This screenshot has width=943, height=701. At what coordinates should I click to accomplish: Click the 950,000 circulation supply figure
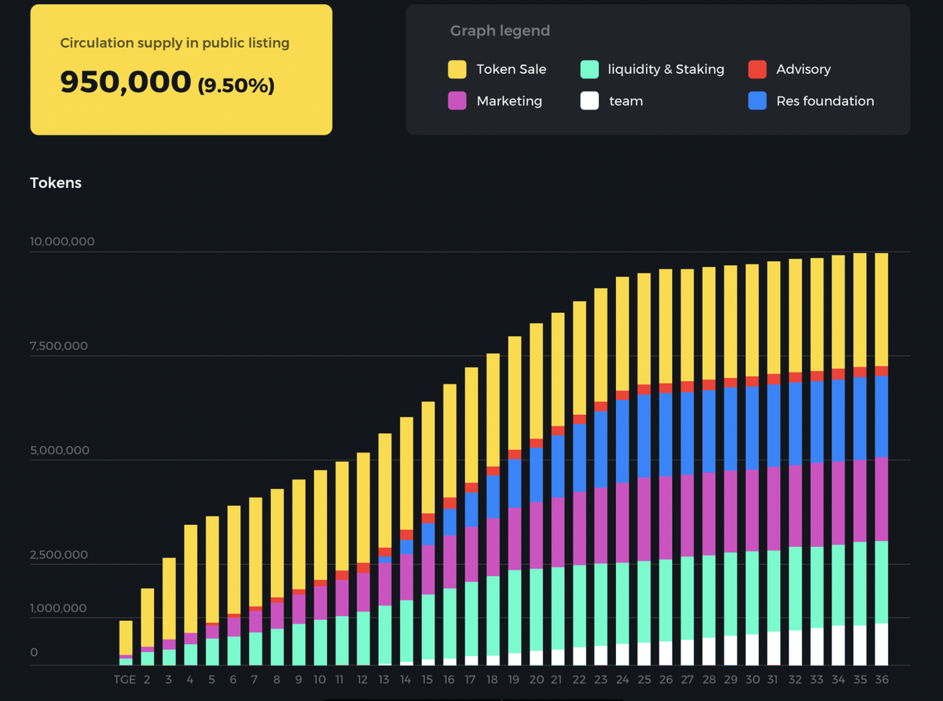tap(125, 82)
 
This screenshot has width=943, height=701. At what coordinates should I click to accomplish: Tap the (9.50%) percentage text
tap(236, 84)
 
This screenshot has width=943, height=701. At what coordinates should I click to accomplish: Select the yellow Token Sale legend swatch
tap(457, 69)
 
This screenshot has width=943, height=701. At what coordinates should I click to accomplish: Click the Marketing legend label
tap(509, 101)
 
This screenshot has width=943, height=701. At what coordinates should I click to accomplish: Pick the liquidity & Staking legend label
tap(666, 69)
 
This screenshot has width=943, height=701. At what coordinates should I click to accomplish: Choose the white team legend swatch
tap(589, 101)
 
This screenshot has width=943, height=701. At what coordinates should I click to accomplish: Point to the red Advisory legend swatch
tap(758, 69)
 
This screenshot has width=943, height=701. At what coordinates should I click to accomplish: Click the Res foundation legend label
tap(825, 101)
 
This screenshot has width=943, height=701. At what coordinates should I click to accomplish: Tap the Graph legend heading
tap(500, 31)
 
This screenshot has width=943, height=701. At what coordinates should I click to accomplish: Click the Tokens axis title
tap(56, 182)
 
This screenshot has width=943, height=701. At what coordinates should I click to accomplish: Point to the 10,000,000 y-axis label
tap(62, 241)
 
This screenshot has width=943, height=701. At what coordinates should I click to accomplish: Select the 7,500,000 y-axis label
tap(59, 346)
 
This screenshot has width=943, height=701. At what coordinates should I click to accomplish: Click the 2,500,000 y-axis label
tap(59, 555)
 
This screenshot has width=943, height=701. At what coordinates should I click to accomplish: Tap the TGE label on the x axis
tap(124, 679)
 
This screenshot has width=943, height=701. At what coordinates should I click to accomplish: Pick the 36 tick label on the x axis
tap(881, 679)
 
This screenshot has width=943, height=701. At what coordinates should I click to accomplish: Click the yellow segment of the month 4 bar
tap(190, 578)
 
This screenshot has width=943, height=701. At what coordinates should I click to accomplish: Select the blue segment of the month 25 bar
tap(644, 436)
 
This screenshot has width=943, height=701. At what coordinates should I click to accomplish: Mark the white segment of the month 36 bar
tap(881, 644)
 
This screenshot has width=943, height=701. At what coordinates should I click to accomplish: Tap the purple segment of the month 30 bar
tap(752, 510)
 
